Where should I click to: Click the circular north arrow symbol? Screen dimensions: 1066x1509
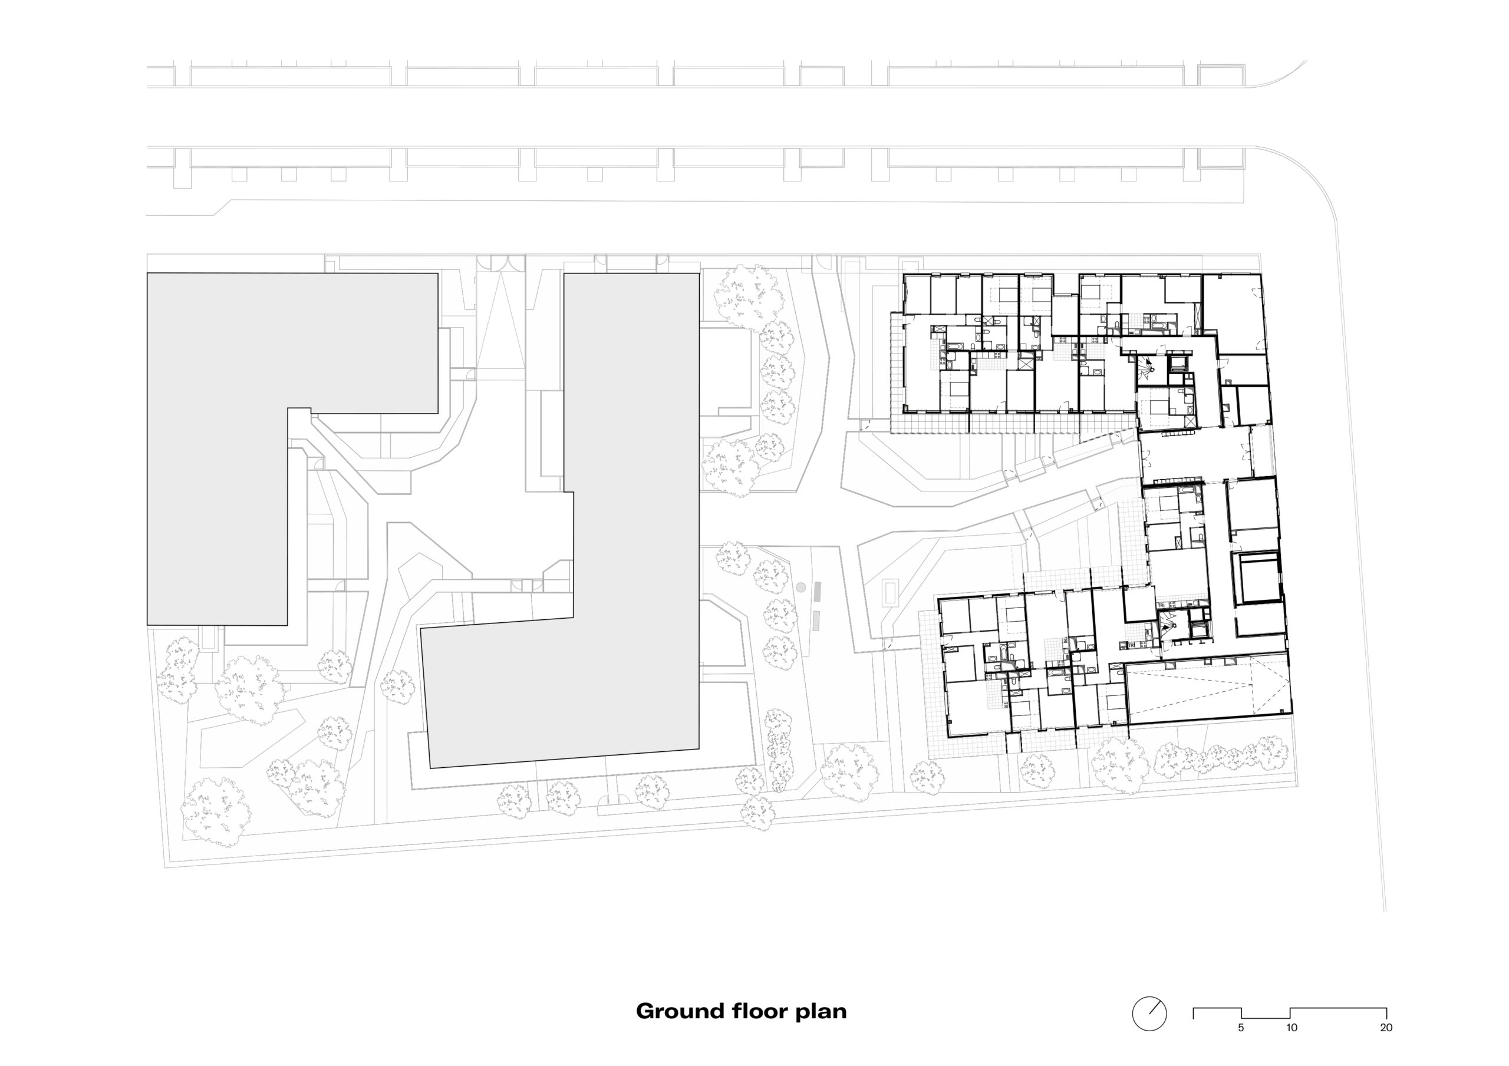(1149, 1014)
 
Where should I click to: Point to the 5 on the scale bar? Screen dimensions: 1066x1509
(1241, 1028)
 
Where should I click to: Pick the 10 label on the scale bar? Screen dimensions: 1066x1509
(1291, 1028)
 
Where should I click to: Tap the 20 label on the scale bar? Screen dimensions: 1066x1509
(1386, 1028)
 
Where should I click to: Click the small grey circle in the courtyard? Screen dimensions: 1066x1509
(800, 587)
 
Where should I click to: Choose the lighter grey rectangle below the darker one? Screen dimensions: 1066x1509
(816, 621)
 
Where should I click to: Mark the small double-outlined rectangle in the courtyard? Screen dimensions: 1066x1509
(891, 592)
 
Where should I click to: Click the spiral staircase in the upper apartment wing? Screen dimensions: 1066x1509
(1149, 369)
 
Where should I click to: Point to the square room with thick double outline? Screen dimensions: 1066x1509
(1258, 578)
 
